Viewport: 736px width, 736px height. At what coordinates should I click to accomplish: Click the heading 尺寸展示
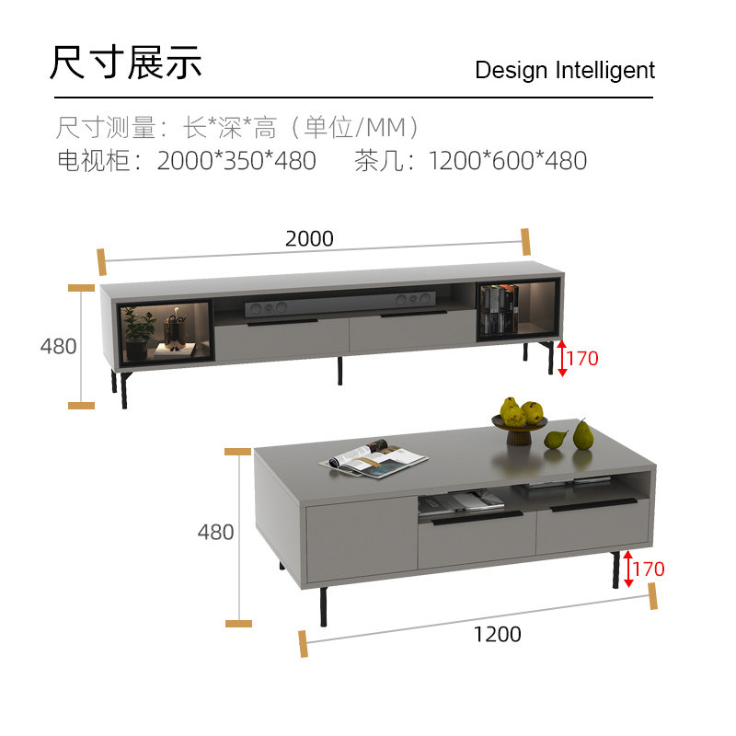click(125, 62)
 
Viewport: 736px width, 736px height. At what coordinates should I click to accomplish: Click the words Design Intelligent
click(565, 71)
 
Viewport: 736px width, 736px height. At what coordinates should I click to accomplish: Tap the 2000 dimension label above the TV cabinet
click(309, 238)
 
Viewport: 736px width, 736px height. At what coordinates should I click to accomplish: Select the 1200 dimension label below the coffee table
click(497, 634)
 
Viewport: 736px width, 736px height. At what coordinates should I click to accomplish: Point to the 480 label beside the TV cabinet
click(58, 346)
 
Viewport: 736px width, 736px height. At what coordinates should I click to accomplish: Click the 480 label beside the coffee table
click(215, 532)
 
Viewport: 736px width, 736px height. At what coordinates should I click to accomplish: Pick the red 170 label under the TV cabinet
click(581, 358)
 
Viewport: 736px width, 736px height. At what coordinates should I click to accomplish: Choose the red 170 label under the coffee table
click(648, 569)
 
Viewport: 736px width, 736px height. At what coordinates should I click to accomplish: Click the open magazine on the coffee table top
click(374, 457)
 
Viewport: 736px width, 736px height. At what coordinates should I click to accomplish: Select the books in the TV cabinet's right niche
click(500, 308)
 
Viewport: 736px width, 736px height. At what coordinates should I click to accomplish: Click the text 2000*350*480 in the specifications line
click(236, 161)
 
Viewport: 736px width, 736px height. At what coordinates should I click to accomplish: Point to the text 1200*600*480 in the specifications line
click(507, 161)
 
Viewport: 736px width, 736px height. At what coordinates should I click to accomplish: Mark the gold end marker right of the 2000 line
click(525, 241)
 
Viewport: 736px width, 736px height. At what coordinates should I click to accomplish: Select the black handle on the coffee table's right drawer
click(593, 504)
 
